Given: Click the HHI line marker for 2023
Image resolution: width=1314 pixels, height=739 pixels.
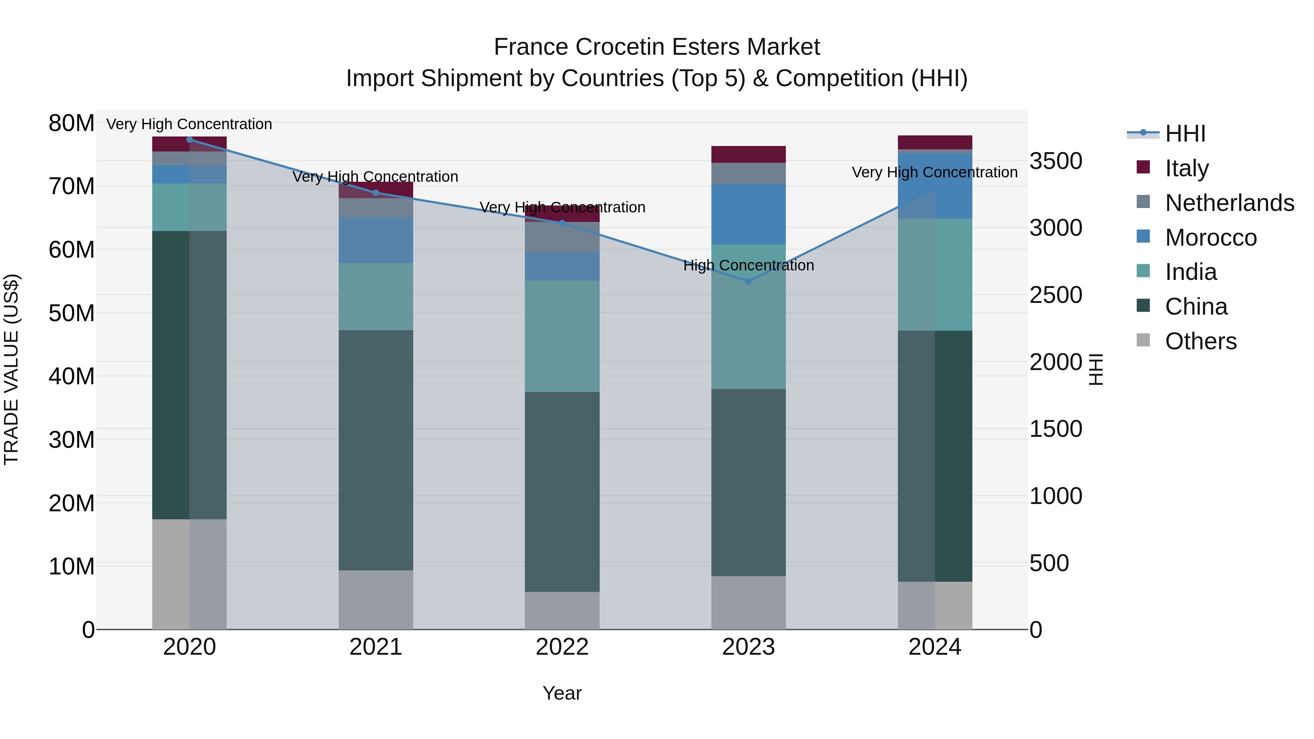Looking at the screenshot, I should pos(748,281).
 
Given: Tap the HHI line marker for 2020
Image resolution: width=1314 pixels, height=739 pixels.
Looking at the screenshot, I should pos(189,139).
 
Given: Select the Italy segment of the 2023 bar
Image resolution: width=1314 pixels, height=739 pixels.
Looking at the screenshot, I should pos(748,154).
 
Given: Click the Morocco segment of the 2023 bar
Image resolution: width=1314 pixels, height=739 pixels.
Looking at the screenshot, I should pos(748,214).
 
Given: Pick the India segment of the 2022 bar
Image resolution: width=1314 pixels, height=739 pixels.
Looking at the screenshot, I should pos(562,336).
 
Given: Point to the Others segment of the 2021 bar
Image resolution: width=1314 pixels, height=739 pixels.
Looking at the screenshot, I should pos(376,599).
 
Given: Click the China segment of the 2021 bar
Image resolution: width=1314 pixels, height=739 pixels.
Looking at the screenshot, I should pos(376,450).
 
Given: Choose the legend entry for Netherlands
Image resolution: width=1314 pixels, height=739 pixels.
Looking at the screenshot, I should pos(1229,203).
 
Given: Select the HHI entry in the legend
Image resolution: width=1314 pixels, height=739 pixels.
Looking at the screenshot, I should pos(1185,134).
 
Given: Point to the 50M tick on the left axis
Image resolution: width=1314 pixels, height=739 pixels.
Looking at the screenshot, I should pos(72,313).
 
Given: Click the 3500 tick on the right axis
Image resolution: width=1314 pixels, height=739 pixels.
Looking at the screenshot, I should pos(1055,161).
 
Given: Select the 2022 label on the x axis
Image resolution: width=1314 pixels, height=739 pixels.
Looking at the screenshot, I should pos(562,647).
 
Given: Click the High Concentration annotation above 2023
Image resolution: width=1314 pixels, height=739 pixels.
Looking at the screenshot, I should pos(748,265).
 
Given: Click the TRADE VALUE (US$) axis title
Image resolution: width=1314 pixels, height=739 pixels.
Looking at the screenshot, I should pos(11,369).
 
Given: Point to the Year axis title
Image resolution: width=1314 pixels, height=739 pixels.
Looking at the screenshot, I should pos(562,693).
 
